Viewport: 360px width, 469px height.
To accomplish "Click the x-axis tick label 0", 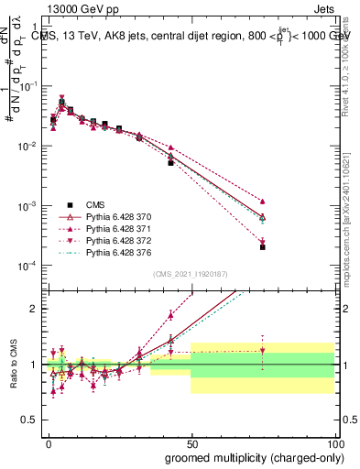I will coord(49,442).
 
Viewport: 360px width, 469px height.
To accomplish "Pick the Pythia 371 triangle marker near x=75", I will coord(262,201).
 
